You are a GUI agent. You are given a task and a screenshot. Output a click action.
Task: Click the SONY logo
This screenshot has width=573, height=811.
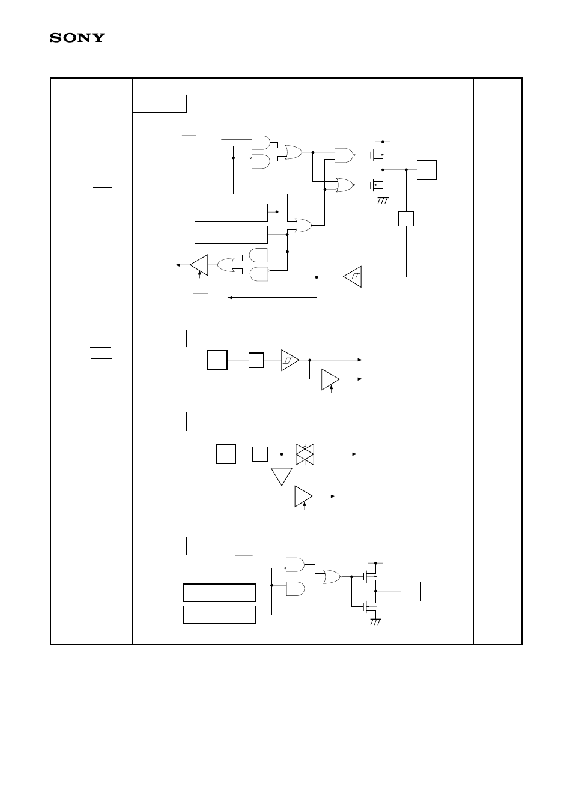pyautogui.click(x=77, y=38)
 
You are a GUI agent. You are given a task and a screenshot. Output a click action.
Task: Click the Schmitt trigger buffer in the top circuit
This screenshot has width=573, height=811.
pyautogui.click(x=353, y=277)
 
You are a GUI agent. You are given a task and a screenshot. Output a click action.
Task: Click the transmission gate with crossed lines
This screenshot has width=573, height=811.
pyautogui.click(x=305, y=454)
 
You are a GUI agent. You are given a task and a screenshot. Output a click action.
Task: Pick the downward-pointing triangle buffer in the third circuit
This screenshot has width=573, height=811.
pyautogui.click(x=281, y=476)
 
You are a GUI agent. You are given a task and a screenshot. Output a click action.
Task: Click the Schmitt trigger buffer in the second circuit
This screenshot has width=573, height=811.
pyautogui.click(x=290, y=360)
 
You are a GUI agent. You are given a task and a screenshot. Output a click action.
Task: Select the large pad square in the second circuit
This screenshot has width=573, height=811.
pyautogui.click(x=217, y=360)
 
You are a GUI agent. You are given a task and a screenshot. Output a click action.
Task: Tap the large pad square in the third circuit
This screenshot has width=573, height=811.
pyautogui.click(x=226, y=454)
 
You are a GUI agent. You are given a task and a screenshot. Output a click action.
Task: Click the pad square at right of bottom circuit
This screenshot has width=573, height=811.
pyautogui.click(x=411, y=591)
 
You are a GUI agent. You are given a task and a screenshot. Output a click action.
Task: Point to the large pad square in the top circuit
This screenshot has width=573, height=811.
pyautogui.click(x=426, y=170)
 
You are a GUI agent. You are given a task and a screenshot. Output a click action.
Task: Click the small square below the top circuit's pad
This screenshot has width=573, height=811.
pyautogui.click(x=407, y=219)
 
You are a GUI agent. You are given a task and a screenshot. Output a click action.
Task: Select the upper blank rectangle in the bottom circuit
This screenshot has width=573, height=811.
pyautogui.click(x=219, y=592)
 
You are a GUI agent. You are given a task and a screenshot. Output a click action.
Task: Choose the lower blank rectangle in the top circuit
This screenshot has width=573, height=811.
pyautogui.click(x=231, y=234)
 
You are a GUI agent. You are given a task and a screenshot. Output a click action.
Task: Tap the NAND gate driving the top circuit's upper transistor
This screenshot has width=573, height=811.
pyautogui.click(x=344, y=155)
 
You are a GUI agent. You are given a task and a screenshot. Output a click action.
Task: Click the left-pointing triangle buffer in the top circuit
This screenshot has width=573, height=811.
pyautogui.click(x=199, y=264)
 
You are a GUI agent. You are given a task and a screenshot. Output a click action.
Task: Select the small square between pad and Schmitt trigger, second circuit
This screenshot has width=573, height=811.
pyautogui.click(x=256, y=360)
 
